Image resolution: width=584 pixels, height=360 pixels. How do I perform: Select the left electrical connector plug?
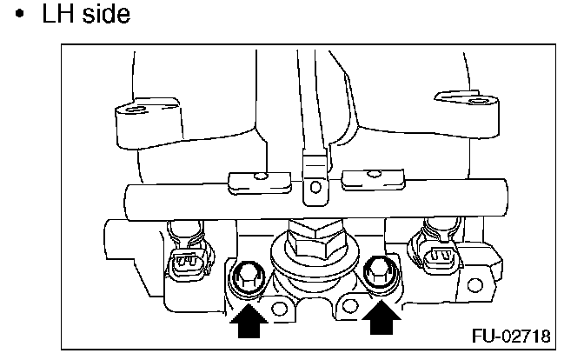click(x=190, y=263)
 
